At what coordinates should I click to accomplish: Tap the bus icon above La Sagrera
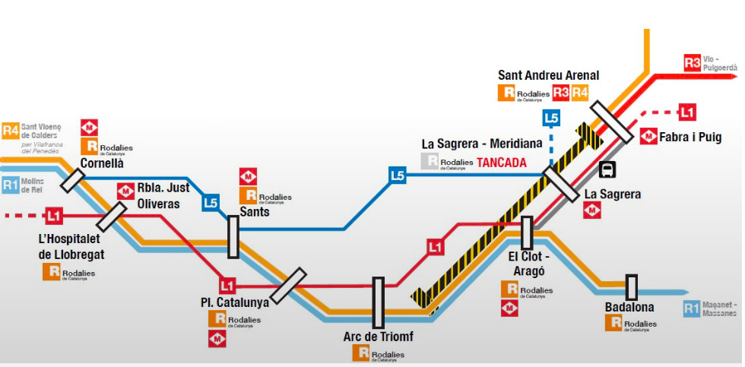click(607, 169)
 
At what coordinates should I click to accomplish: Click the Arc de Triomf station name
click(378, 337)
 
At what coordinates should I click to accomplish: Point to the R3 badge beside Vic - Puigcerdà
click(692, 63)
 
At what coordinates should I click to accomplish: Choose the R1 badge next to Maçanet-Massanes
click(691, 308)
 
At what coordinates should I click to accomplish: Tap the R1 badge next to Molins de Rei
click(11, 184)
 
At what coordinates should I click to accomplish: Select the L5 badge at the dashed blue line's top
click(551, 118)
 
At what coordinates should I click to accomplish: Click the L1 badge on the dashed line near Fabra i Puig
click(687, 112)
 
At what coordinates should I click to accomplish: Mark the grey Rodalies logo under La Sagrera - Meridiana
click(431, 162)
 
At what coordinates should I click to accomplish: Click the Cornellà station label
click(103, 163)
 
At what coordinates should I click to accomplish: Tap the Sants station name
click(254, 212)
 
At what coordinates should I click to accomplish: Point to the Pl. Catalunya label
click(235, 302)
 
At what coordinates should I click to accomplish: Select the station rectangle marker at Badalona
click(631, 287)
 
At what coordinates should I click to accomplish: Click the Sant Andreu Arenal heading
click(548, 75)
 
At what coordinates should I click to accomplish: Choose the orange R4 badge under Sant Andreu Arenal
click(580, 93)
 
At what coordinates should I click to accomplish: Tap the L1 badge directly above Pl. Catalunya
click(227, 286)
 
